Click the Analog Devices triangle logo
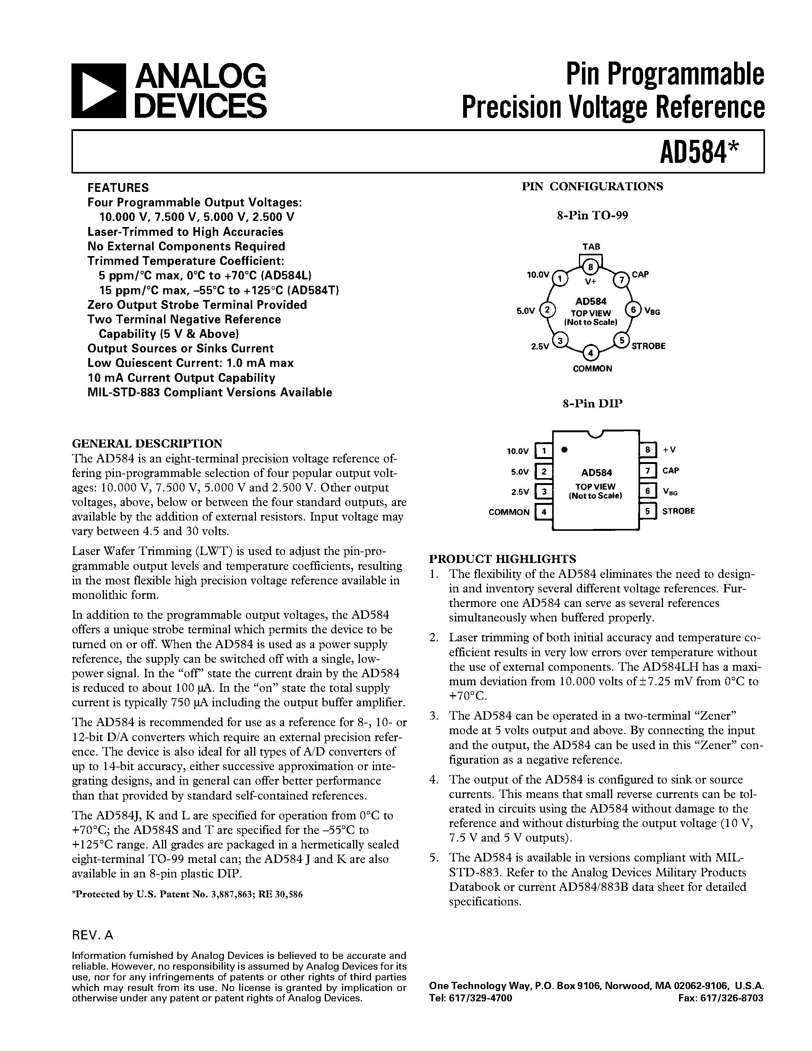tap(98, 91)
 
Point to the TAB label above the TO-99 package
tap(591, 247)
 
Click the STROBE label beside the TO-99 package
tap(648, 346)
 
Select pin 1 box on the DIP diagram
tap(544, 451)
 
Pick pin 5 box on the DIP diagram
tap(647, 511)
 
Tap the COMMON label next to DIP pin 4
tap(509, 512)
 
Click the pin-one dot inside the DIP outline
tap(565, 450)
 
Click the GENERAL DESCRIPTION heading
tap(147, 443)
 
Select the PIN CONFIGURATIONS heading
tap(592, 187)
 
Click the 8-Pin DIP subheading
tap(592, 404)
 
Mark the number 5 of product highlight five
tap(433, 858)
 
